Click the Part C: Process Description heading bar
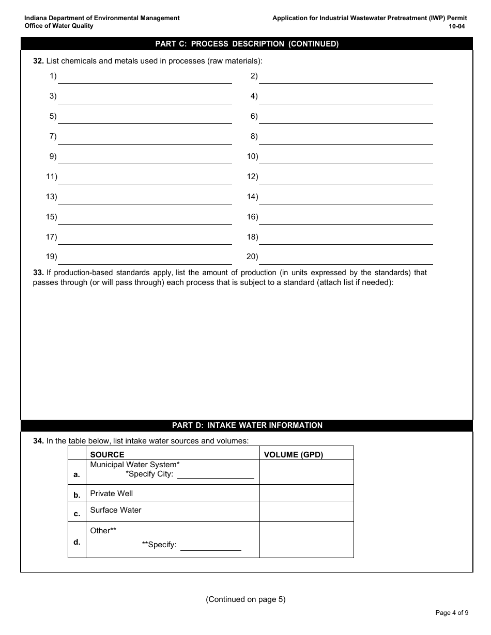[x=247, y=44]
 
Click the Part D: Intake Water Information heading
[x=247, y=425]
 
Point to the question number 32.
[x=38, y=61]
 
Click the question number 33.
[x=38, y=273]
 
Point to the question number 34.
[x=38, y=441]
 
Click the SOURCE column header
[x=107, y=455]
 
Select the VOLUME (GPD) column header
[x=293, y=455]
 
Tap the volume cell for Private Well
[x=306, y=493]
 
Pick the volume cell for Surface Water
[x=306, y=511]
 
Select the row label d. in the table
[x=77, y=542]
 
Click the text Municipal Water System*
[x=135, y=465]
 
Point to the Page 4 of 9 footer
[x=452, y=613]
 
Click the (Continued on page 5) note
[x=245, y=599]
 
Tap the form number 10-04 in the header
[x=457, y=26]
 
